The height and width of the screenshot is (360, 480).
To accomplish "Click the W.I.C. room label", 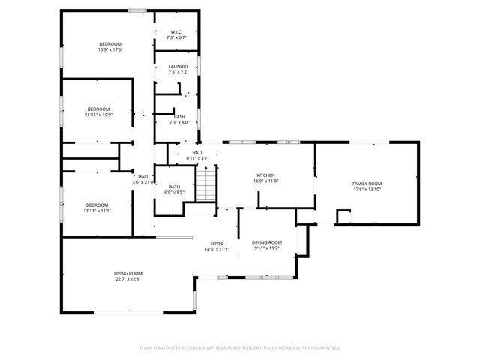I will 177,31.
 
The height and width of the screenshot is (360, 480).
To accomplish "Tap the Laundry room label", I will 178,66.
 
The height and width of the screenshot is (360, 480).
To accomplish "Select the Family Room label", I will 367,184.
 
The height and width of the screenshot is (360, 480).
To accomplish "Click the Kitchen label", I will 266,175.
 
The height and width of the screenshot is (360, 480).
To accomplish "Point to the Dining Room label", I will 266,241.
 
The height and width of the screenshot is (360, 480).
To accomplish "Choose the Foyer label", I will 217,244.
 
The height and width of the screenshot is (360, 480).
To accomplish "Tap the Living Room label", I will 128,273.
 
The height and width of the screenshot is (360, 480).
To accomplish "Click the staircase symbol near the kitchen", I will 206,183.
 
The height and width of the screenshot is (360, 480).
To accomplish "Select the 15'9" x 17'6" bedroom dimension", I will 110,50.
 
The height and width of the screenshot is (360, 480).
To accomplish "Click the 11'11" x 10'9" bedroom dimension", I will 98,115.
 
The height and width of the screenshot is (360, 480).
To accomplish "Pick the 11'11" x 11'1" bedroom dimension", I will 97,211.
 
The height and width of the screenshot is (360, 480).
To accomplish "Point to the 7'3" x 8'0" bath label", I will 179,122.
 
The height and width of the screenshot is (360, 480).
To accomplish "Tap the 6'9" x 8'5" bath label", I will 174,193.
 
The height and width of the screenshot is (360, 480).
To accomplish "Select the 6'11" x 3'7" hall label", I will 197,158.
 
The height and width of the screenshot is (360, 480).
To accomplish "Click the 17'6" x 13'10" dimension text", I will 367,190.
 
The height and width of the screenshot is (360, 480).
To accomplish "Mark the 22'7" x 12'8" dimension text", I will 128,279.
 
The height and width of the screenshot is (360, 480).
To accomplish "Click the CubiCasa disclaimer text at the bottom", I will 240,347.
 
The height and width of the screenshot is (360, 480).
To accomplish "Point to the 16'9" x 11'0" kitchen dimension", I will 266,181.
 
